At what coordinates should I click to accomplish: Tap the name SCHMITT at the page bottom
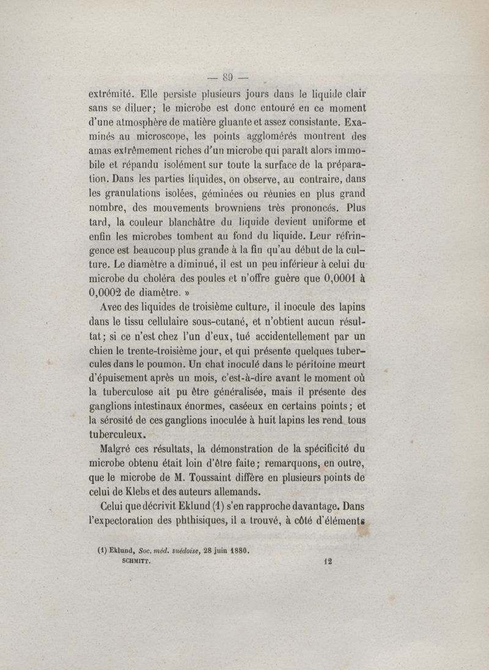(x=138, y=558)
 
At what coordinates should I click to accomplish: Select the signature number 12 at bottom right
(x=326, y=559)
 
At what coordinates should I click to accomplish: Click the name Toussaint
(x=232, y=477)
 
